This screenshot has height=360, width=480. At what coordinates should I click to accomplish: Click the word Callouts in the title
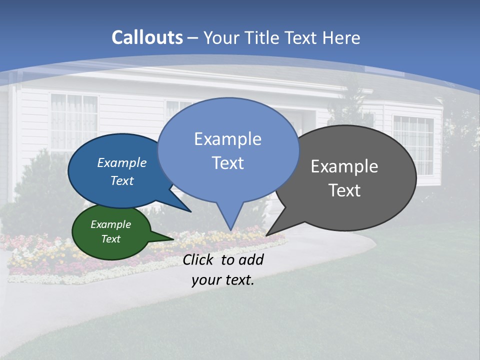147,37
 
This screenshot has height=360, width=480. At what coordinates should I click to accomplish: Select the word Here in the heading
341,37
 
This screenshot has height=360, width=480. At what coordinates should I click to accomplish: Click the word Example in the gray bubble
344,166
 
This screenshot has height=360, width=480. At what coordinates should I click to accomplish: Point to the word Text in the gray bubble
344,190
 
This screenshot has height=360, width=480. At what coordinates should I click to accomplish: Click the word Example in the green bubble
110,224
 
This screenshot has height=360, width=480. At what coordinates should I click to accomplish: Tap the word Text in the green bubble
110,239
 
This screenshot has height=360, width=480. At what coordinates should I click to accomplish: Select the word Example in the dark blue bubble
122,163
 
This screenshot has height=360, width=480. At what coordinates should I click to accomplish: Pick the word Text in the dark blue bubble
122,180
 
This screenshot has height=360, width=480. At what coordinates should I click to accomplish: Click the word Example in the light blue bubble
227,139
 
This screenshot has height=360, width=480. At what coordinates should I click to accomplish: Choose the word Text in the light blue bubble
227,163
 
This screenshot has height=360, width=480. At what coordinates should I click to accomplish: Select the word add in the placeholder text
250,259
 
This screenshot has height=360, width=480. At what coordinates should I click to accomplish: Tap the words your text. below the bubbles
222,280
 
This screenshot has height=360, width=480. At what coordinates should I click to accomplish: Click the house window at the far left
74,122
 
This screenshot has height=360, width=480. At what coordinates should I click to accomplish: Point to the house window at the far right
413,145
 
